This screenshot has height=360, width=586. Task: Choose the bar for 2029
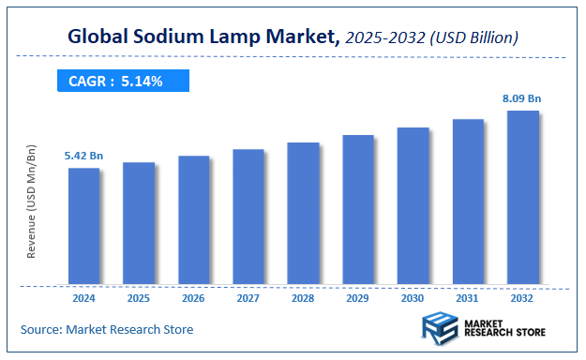357,209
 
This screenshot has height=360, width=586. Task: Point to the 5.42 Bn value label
83,155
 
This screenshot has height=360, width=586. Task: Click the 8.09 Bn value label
522,97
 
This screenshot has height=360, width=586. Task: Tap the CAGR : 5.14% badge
123,82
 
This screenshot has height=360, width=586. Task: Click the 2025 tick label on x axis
139,298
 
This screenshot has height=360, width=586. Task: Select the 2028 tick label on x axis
303,298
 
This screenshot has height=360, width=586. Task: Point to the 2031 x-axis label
468,298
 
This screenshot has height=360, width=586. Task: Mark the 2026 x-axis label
193,298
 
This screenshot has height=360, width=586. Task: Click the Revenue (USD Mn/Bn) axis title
32,201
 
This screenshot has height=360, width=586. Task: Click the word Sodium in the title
175,37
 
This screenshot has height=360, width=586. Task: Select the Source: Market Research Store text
107,329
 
